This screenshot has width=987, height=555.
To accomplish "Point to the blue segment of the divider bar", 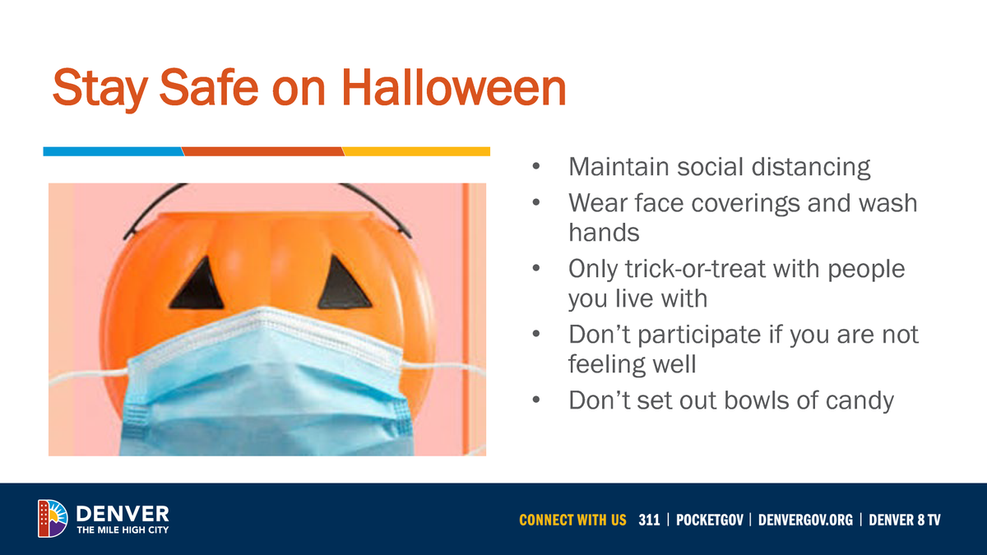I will (113, 151).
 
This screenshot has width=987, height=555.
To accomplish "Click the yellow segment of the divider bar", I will (416, 151).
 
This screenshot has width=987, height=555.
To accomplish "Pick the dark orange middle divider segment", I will (262, 151).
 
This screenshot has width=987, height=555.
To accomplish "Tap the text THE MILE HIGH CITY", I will (123, 530).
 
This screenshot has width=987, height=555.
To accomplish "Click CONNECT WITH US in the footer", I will (572, 520).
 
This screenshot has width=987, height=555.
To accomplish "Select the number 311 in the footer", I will (649, 520).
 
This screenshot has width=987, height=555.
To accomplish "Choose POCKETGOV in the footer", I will (710, 520).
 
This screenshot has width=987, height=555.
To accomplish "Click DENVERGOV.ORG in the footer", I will (805, 520).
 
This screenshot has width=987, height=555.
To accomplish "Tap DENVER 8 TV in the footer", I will (905, 520).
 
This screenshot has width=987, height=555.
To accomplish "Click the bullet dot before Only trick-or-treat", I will (536, 270).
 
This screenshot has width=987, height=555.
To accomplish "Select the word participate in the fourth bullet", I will (698, 335).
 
